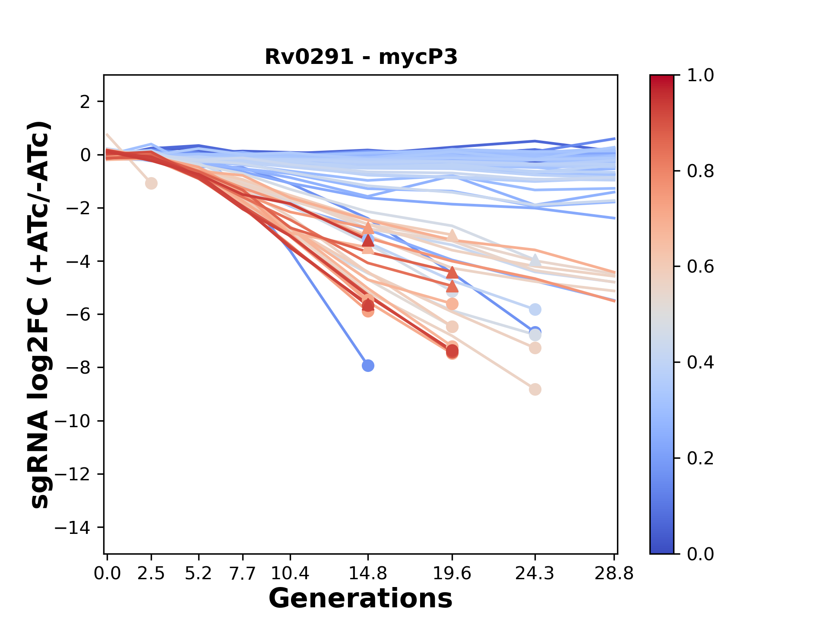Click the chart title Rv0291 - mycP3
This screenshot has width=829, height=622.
pyautogui.click(x=361, y=57)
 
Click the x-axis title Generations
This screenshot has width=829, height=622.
pyautogui.click(x=361, y=599)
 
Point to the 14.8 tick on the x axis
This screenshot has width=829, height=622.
pyautogui.click(x=368, y=574)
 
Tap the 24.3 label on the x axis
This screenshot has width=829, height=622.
pyautogui.click(x=535, y=574)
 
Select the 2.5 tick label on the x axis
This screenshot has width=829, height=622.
pyautogui.click(x=151, y=574)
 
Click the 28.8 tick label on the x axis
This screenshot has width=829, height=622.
pyautogui.click(x=614, y=574)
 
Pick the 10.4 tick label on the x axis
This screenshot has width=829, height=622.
pyautogui.click(x=290, y=574)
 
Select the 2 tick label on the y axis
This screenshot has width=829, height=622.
pyautogui.click(x=85, y=102)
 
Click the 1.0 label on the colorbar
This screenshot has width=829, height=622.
pyautogui.click(x=700, y=76)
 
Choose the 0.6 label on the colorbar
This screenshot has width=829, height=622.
pyautogui.click(x=700, y=267)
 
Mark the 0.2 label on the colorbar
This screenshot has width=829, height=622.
pyautogui.click(x=700, y=458)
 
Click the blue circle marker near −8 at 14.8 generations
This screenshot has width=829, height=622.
pyautogui.click(x=368, y=366)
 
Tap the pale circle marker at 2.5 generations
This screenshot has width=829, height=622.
pyautogui.click(x=151, y=183)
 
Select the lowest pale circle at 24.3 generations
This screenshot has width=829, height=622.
pyautogui.click(x=535, y=389)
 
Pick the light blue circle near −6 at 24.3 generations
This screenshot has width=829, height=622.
pyautogui.click(x=535, y=309)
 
